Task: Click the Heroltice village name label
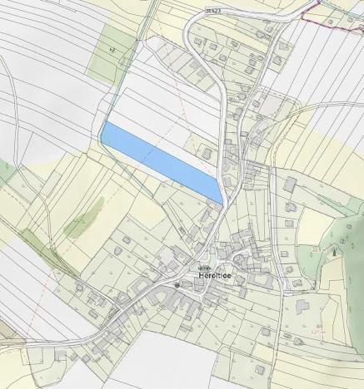point(216,274)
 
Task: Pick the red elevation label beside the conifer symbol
point(317,249)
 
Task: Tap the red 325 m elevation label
point(317,331)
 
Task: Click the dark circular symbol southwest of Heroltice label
point(177,284)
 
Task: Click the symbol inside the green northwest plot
point(111,51)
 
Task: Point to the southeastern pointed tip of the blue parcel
point(221,201)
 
